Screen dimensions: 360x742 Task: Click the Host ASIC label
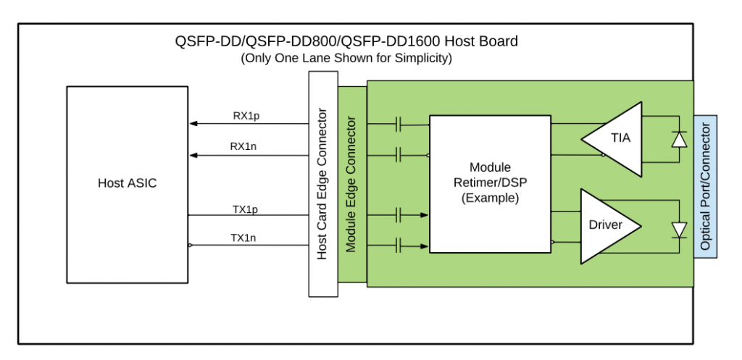coord(127,183)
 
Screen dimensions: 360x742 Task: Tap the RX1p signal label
coord(244,114)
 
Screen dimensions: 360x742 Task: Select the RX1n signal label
coord(244,146)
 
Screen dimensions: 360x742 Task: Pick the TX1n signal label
coord(244,237)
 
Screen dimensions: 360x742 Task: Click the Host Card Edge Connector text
coord(323,184)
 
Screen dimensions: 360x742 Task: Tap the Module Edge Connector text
coord(351,185)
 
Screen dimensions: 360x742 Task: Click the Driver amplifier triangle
coord(607,225)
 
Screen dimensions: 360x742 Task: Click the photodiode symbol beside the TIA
coord(679,139)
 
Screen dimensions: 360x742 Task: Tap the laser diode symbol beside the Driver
coord(679,230)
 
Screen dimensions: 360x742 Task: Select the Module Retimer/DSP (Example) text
coord(490,183)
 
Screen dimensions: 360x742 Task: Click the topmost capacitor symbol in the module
coord(399,125)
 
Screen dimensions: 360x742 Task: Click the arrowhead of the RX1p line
coord(193,124)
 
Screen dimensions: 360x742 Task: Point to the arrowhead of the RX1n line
coord(193,154)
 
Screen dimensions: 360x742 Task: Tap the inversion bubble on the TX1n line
coord(190,246)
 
